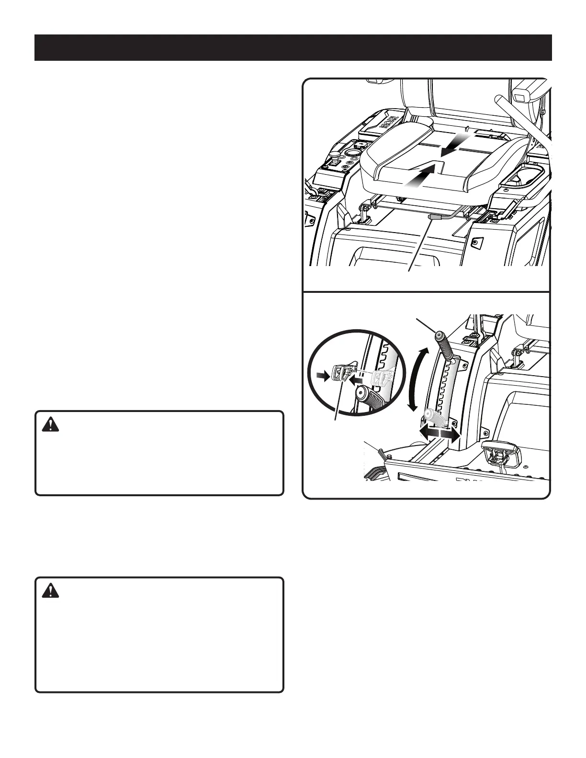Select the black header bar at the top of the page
coord(293,47)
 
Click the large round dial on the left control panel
coord(354,154)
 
